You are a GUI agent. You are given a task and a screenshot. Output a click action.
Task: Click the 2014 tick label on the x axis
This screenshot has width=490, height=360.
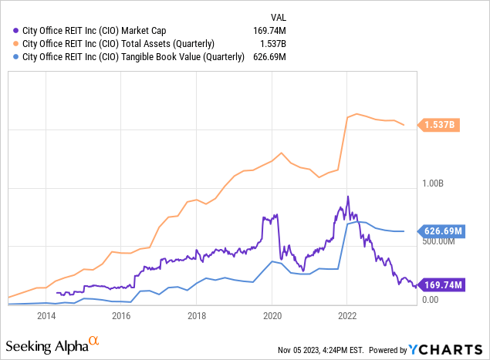[46, 315]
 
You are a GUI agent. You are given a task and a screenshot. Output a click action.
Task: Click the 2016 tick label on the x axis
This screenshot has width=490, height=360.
[120, 315]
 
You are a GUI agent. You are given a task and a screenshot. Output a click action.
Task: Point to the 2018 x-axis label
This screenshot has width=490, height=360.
[196, 315]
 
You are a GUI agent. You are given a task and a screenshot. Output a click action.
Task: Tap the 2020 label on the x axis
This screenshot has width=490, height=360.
[272, 315]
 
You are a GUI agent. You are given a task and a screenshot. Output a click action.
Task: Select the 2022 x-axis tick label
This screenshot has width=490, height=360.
[346, 315]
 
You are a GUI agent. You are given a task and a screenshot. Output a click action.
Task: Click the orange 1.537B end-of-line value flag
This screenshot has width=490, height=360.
[441, 125]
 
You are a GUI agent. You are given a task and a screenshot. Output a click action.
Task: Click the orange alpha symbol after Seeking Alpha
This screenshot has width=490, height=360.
[94, 339]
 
